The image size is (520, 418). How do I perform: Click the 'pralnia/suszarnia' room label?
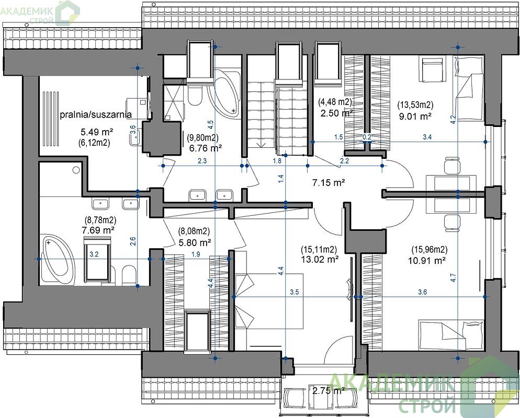pos(96,114)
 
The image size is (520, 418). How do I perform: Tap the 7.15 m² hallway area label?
pos(329,182)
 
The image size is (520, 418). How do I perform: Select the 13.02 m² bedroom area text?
pos(320,259)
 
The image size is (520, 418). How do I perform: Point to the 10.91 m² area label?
pos(427,261)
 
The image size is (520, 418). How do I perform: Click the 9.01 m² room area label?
pos(415,117)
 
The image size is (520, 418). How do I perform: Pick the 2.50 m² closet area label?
pos(336,113)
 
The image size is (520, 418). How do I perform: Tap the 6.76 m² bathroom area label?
pos(206,148)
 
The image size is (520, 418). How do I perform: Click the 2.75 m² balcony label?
pos(329,390)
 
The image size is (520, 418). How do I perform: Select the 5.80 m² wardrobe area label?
pos(195,242)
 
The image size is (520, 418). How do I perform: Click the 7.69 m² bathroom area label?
pos(98,230)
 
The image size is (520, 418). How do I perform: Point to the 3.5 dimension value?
pos(295,292)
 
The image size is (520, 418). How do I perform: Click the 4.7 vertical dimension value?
pos(454,277)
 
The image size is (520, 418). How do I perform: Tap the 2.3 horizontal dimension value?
pos(202,161)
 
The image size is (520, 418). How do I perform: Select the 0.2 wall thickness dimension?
pos(367,137)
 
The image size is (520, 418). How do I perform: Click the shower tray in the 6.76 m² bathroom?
pos(174,102)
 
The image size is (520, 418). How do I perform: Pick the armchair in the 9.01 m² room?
pos(433,69)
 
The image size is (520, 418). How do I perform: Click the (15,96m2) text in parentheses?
pos(429,249)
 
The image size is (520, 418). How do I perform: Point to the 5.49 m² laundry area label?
pos(97,132)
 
